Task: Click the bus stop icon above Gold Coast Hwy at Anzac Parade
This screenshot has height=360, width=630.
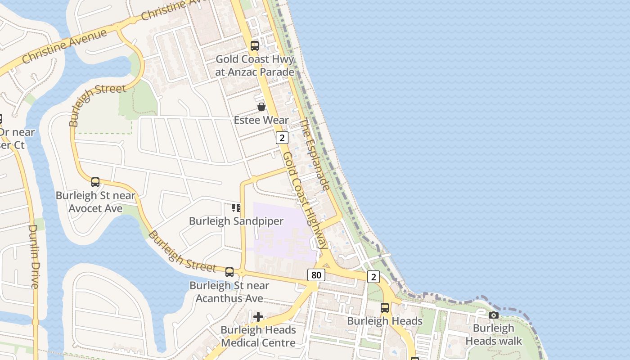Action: click(x=255, y=45)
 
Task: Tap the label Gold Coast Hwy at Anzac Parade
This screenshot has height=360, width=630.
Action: click(x=255, y=65)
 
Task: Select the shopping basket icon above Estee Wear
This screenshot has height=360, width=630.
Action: click(x=261, y=107)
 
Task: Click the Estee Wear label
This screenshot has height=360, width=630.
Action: click(x=261, y=120)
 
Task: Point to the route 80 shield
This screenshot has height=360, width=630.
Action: click(x=316, y=274)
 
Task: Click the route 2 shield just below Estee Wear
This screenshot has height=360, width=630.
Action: click(x=282, y=138)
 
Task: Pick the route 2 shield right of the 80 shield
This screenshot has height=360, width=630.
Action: click(x=373, y=276)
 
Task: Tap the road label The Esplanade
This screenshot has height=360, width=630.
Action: click(x=315, y=154)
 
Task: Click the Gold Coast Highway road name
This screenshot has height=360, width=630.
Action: click(x=306, y=200)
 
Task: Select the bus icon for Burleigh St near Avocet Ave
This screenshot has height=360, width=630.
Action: click(x=95, y=182)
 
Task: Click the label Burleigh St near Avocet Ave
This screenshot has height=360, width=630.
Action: click(x=95, y=202)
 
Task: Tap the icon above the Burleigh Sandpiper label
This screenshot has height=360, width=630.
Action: click(x=236, y=207)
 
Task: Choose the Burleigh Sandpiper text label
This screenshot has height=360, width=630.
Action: click(x=236, y=221)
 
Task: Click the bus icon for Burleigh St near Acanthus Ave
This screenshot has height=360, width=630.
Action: click(x=229, y=272)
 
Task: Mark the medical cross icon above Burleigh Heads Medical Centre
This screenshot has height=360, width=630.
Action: click(x=258, y=317)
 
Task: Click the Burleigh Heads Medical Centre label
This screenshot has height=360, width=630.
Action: click(x=258, y=336)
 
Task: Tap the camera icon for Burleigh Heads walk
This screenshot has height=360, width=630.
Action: click(x=494, y=315)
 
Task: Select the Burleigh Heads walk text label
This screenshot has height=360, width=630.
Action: click(x=494, y=334)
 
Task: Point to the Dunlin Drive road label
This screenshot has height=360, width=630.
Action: click(x=34, y=256)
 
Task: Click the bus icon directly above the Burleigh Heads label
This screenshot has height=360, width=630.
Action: click(x=385, y=308)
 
